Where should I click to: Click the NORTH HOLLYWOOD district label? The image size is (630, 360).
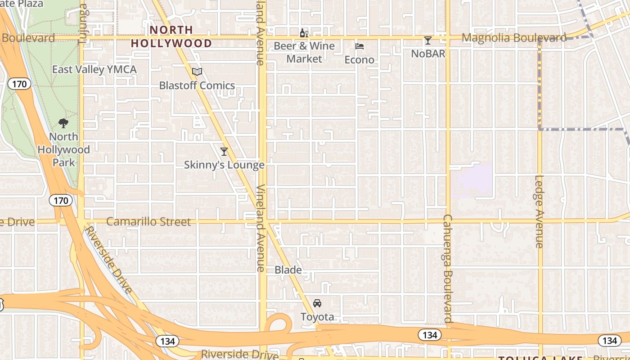[171, 36]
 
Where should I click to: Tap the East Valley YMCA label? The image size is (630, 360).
[94, 69]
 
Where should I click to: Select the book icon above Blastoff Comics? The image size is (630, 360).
[197, 72]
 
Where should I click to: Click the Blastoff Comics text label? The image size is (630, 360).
[197, 85]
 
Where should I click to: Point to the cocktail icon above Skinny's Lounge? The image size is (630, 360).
[224, 151]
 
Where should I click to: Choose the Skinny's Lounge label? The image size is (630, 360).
[224, 165]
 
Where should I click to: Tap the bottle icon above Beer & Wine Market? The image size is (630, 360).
[304, 33]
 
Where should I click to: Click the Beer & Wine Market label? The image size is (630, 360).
[304, 52]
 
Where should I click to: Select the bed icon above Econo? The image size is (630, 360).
[360, 46]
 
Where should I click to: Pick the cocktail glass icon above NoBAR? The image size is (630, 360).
[428, 40]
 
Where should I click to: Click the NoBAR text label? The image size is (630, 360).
[428, 54]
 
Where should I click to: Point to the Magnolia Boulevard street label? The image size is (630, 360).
[514, 38]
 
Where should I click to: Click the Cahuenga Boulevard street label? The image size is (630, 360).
[447, 268]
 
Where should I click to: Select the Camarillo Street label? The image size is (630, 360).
[148, 222]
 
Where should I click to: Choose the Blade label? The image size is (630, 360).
[288, 270]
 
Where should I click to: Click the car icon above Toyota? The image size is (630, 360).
[317, 303]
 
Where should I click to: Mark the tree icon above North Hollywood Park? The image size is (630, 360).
[63, 123]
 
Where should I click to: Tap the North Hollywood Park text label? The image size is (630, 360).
[63, 149]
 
